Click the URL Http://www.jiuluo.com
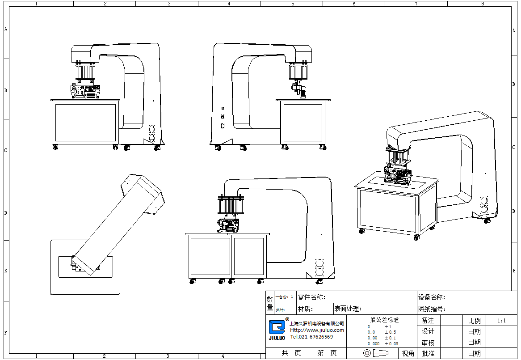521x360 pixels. coord(317,330)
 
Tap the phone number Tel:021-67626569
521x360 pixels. coord(311,337)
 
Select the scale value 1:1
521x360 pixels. coord(501,321)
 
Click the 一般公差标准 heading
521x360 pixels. coord(381,320)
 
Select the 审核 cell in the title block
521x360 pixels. coord(428,343)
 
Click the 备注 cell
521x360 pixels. coord(428,321)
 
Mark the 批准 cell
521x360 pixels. coord(428,353)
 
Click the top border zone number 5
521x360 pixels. coord(293,4)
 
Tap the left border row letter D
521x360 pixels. coord(6,213)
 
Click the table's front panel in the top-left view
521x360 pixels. coord(85,122)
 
